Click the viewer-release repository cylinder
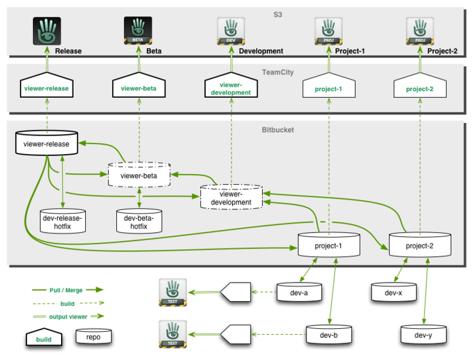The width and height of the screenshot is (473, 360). point(46,144)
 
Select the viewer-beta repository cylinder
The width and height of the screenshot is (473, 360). point(138,175)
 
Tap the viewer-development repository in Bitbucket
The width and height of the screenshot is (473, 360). point(231,198)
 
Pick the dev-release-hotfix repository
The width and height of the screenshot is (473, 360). point(62,222)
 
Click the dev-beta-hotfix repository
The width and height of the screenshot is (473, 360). point(139,222)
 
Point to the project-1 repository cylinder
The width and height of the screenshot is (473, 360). point(328,246)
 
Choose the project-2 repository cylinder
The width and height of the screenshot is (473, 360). point(420,246)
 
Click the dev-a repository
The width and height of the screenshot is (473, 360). point(300,293)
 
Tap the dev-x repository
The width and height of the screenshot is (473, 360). point(393,293)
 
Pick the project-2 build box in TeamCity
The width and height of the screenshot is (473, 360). point(420,88)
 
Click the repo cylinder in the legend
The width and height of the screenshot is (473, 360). point(94,337)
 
